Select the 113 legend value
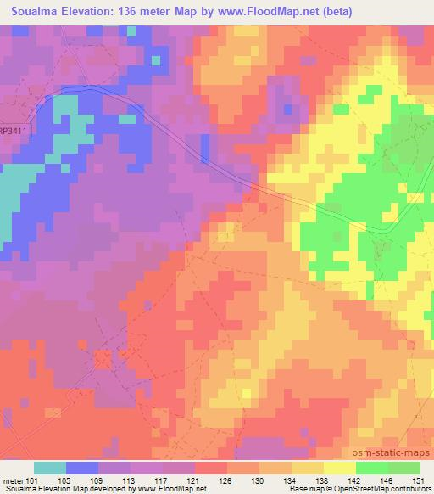130,480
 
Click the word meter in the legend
12,480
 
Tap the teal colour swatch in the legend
50,468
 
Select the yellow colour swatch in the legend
340,468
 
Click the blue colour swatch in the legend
82,468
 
